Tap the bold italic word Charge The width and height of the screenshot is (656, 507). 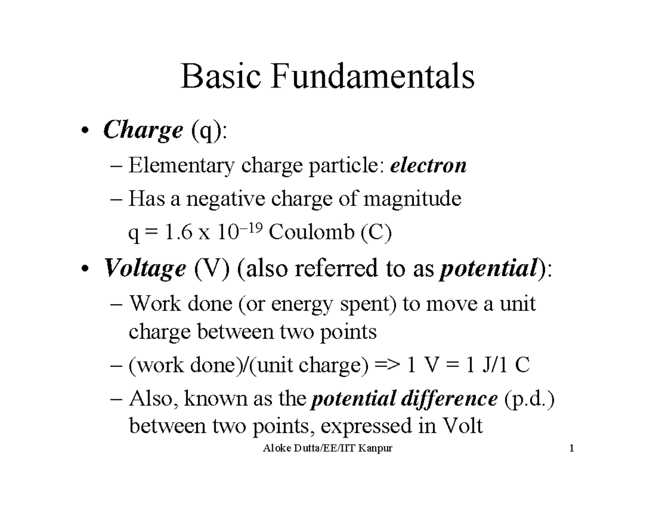pyautogui.click(x=143, y=131)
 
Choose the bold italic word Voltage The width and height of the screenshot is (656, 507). pyautogui.click(x=145, y=269)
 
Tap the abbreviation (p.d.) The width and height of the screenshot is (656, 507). pyautogui.click(x=528, y=400)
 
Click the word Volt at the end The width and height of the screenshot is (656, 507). pyautogui.click(x=463, y=426)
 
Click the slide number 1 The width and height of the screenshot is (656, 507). pyautogui.click(x=572, y=450)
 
